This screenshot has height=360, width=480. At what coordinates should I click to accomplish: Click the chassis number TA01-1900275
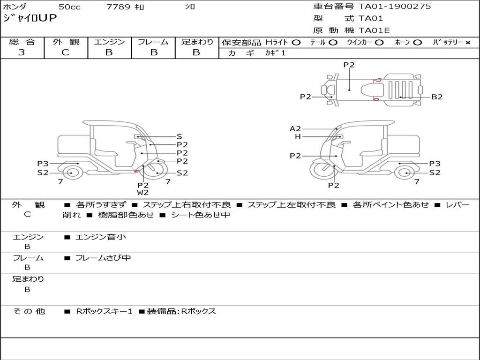click(395, 7)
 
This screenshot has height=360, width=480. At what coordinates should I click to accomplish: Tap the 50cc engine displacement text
click(69, 7)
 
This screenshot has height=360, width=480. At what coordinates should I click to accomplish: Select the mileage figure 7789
click(118, 7)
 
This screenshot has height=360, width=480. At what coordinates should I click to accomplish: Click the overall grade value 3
click(22, 52)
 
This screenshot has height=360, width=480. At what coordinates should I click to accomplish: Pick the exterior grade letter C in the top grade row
click(65, 52)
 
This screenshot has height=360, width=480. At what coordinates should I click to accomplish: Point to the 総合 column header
click(22, 42)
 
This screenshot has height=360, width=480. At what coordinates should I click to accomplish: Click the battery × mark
click(468, 43)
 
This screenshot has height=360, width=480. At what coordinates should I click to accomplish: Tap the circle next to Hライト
click(296, 43)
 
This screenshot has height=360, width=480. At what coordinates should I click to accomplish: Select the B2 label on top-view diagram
click(437, 97)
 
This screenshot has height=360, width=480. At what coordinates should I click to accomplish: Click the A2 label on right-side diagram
click(295, 128)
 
